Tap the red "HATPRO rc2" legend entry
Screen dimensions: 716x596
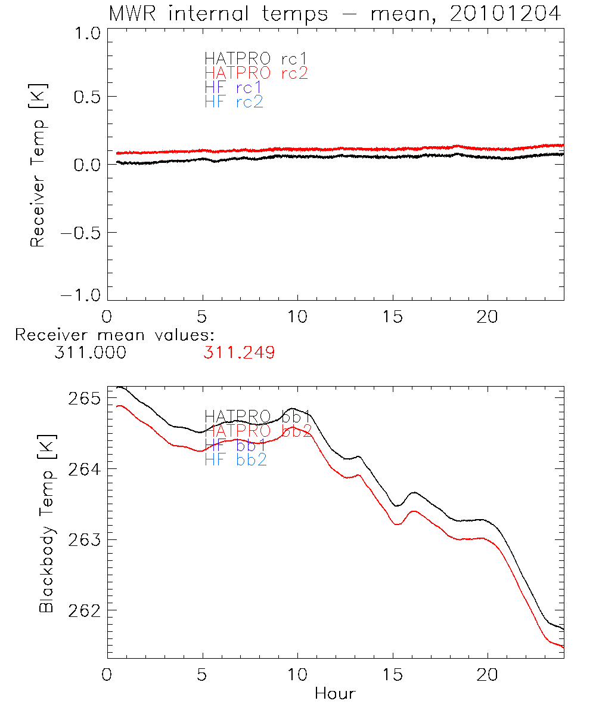pyautogui.click(x=256, y=73)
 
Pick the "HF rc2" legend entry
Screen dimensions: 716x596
pyautogui.click(x=234, y=102)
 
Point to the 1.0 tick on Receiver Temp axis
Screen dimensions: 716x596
pyautogui.click(x=86, y=33)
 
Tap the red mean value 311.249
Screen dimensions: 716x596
pyautogui.click(x=238, y=353)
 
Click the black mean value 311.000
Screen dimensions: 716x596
pyautogui.click(x=90, y=353)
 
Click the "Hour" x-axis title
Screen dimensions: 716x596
pyautogui.click(x=335, y=694)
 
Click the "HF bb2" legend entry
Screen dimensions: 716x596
pyautogui.click(x=235, y=459)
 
